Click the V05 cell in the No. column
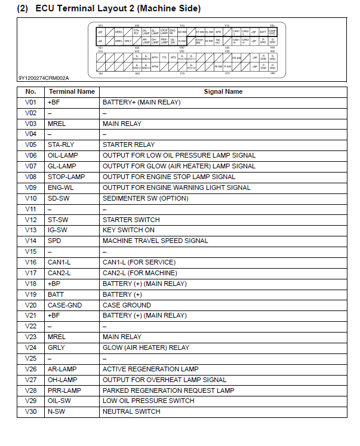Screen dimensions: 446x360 coord(31,144)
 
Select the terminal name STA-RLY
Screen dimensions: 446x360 coord(60,144)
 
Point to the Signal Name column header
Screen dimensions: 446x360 coord(223,92)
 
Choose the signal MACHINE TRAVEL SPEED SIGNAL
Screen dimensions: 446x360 coord(155,241)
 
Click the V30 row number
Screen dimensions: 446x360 coord(31,412)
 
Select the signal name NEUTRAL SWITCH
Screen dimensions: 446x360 coord(131,412)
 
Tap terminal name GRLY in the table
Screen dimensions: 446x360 coord(56,347)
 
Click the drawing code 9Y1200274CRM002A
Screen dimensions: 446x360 coord(43,78)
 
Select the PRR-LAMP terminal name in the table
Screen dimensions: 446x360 coord(63,390)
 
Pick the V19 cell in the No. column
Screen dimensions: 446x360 coord(31,294)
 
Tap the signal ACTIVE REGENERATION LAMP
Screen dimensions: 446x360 coord(150,369)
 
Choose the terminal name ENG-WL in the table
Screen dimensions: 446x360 coord(60,187)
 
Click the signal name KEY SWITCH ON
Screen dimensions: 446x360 coord(128,230)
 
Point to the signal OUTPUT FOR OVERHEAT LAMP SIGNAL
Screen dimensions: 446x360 coord(164,380)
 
